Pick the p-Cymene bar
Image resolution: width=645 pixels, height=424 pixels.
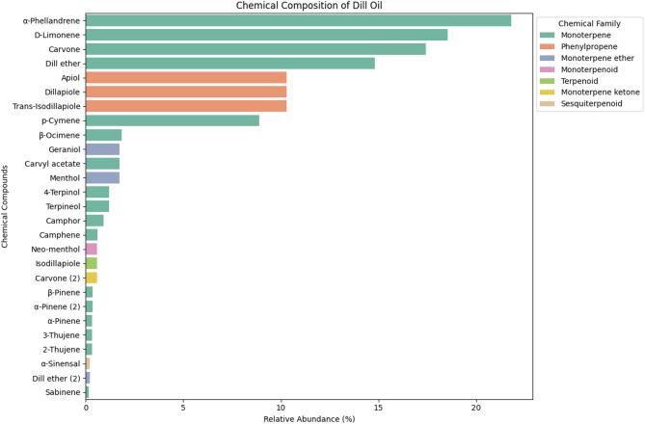coord(173,120)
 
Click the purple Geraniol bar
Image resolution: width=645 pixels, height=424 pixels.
coord(102,149)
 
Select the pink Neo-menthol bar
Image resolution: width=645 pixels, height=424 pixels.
coord(92,249)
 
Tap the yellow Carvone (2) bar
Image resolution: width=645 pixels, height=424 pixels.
coord(92,278)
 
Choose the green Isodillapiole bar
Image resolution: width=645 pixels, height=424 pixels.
coord(92,263)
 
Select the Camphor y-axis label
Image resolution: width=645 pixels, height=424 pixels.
coord(61,221)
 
